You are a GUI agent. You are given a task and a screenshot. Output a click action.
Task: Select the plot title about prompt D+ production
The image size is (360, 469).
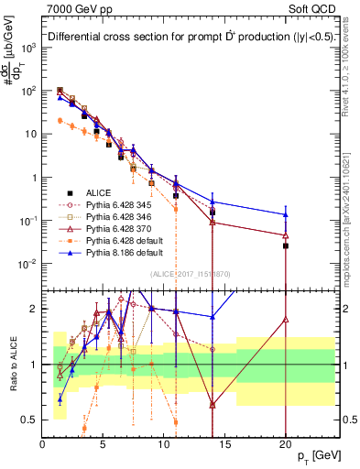[188, 38]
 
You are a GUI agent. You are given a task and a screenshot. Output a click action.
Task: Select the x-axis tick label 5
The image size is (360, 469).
[104, 444]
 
